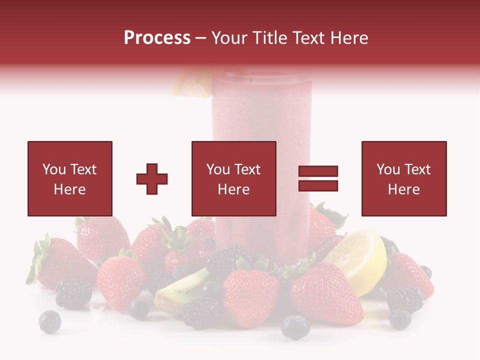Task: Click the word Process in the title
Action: [157, 38]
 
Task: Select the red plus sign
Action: [152, 178]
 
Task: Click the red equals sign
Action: [318, 178]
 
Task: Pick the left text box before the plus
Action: [70, 178]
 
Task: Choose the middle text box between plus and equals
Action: [233, 178]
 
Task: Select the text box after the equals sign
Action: [403, 178]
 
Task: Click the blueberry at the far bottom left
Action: [50, 321]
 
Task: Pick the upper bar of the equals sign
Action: [318, 171]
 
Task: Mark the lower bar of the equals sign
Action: [318, 185]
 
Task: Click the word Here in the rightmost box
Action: [403, 189]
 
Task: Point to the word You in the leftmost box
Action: [53, 169]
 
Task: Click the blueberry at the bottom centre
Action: [295, 327]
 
